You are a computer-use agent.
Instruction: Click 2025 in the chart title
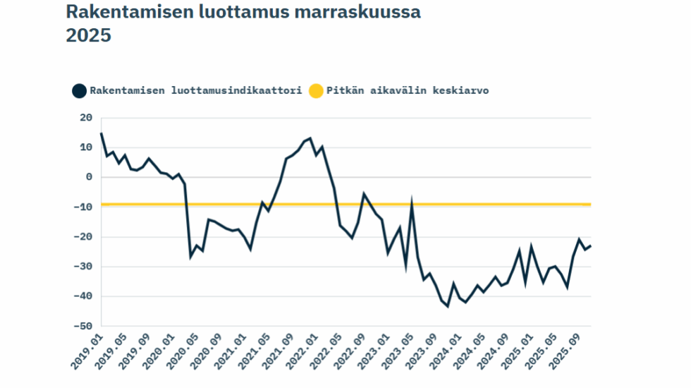89,35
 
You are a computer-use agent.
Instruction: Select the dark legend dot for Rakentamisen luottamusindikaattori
79,90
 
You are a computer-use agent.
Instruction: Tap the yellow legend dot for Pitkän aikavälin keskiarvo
315,90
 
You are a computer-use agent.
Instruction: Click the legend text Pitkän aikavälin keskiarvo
408,90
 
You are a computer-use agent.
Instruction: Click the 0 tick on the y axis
90,177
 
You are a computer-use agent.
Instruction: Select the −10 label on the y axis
84,207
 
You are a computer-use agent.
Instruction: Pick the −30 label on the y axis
84,267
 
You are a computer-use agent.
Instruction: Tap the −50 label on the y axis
84,326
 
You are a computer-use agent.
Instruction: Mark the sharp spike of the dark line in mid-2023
412,205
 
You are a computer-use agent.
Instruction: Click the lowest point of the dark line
447,306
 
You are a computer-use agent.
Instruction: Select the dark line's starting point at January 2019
102,133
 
